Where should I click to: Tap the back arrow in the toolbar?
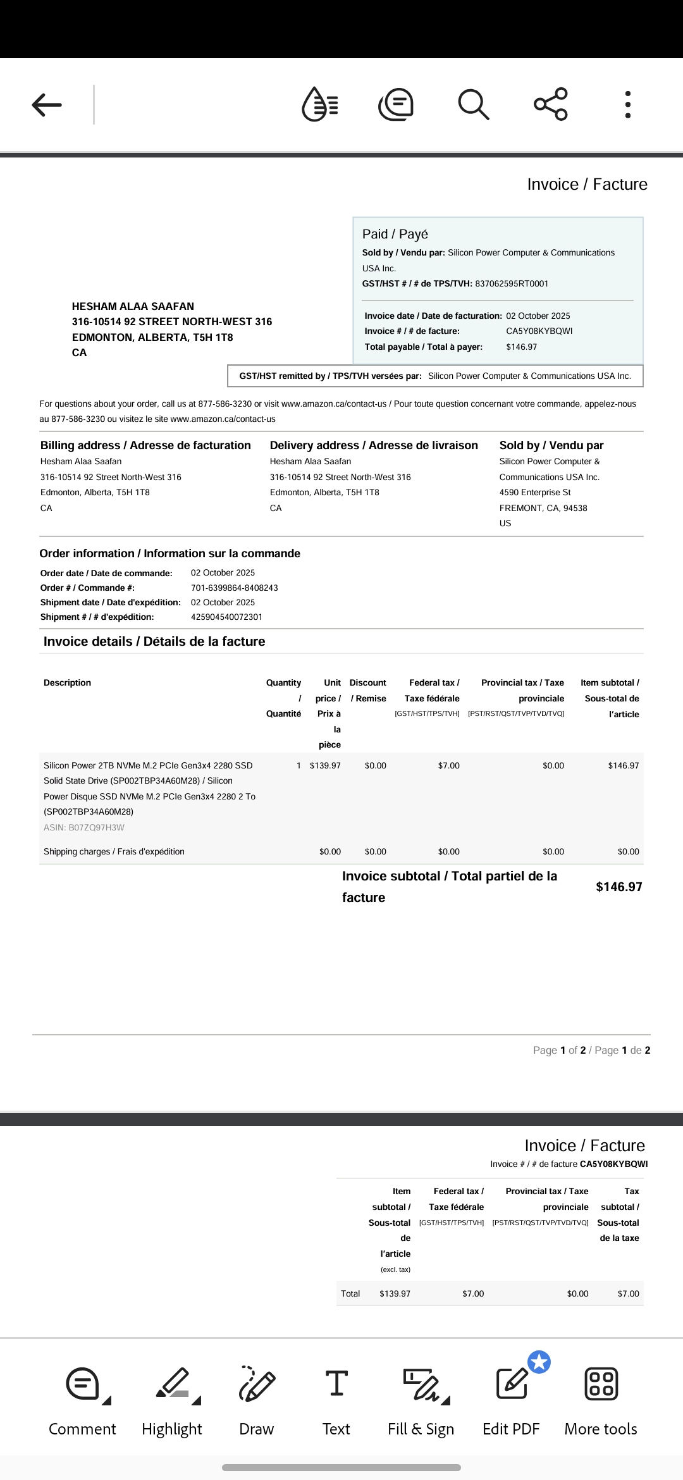(x=47, y=105)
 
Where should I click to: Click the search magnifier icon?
(x=473, y=104)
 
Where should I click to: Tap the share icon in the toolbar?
(x=551, y=104)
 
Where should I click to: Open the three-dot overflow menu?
(x=627, y=104)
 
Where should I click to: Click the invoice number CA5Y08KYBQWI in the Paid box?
(x=539, y=331)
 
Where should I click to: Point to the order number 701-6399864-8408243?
(x=235, y=588)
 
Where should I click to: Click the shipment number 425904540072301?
(x=226, y=617)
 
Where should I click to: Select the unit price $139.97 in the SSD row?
(x=325, y=765)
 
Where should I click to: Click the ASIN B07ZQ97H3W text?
(x=84, y=827)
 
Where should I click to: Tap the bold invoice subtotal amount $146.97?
(x=618, y=887)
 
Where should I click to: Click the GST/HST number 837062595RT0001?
(x=512, y=283)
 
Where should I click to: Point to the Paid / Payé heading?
(x=395, y=234)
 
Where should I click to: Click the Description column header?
(x=68, y=682)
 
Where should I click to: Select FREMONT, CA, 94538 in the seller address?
(x=543, y=508)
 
